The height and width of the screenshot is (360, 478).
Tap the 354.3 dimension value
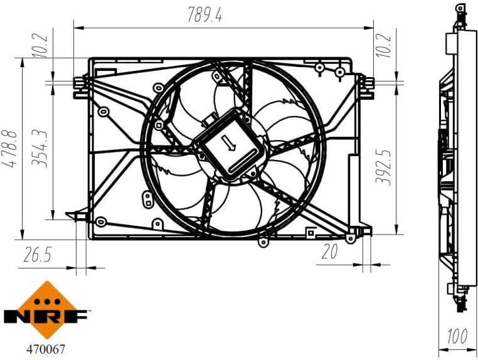[x=41, y=148]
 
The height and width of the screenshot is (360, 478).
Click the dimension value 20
[x=329, y=252]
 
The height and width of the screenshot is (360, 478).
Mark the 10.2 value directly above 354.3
[x=41, y=44]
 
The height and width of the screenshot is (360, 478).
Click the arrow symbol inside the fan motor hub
[x=230, y=146]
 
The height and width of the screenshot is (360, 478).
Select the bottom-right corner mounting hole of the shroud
[x=350, y=238]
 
